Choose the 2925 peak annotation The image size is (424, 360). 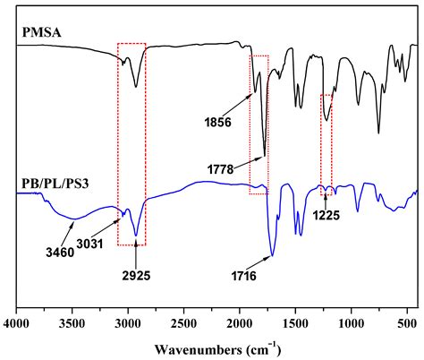click(136, 274)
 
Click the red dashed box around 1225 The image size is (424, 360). click(326, 144)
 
